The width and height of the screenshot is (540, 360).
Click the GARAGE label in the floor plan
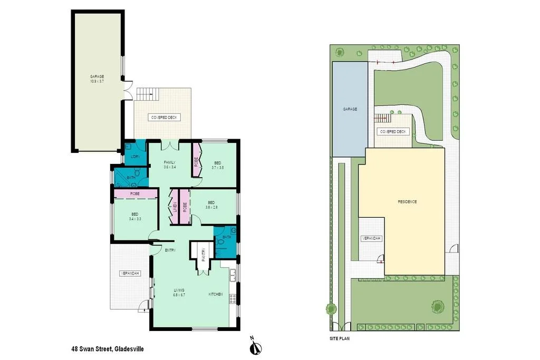[97, 76]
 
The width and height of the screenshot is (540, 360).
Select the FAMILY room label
[170, 162]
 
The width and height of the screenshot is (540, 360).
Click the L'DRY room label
[135, 157]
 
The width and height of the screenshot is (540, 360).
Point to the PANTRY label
[203, 255]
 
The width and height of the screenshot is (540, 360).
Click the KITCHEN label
[216, 294]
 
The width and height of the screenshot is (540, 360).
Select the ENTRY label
[170, 250]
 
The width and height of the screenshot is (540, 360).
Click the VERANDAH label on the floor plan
[130, 273]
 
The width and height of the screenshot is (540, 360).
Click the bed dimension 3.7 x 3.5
[218, 168]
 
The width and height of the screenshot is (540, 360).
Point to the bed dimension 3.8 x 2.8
[211, 207]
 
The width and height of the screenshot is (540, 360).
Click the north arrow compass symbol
[255, 345]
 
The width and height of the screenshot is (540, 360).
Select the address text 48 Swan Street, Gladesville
[108, 348]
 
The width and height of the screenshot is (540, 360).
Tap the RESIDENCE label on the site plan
[407, 202]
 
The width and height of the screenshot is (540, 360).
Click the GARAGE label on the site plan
[350, 109]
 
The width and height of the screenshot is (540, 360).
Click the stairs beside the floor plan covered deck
[147, 94]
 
